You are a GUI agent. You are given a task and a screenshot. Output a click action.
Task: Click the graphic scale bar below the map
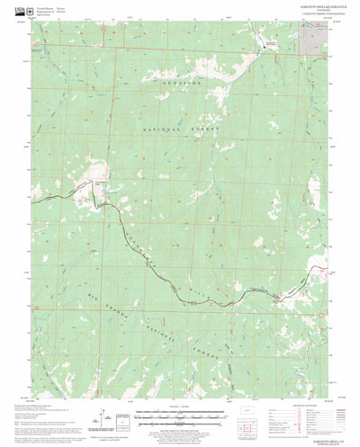180,415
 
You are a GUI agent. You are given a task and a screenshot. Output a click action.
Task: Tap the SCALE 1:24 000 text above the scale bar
180,407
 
